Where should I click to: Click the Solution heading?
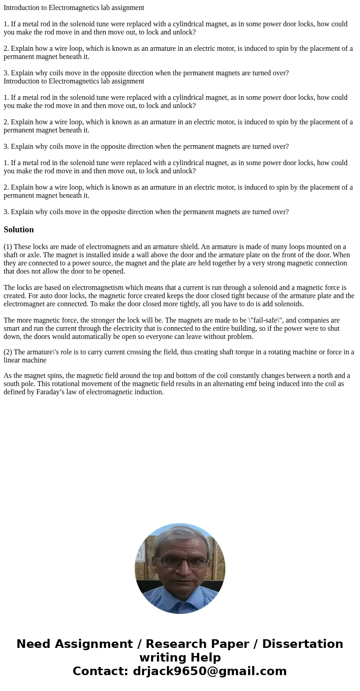(19, 230)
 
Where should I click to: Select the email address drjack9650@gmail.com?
(209, 671)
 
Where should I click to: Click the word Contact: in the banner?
(100, 671)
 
